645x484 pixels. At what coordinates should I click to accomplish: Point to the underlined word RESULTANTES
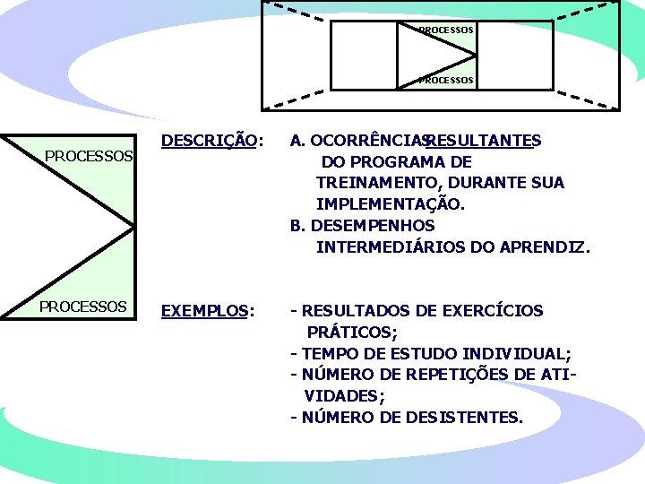[x=482, y=140]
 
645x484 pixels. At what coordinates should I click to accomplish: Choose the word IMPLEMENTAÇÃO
[x=389, y=204]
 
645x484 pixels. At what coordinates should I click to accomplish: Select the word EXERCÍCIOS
[x=492, y=311]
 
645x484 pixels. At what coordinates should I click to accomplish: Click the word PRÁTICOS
[x=346, y=333]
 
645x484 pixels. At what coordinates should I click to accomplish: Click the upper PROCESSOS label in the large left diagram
[x=89, y=156]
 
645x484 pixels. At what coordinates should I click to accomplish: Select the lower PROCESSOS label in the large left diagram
[x=82, y=307]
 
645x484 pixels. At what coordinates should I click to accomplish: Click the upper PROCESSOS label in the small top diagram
[x=446, y=30]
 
